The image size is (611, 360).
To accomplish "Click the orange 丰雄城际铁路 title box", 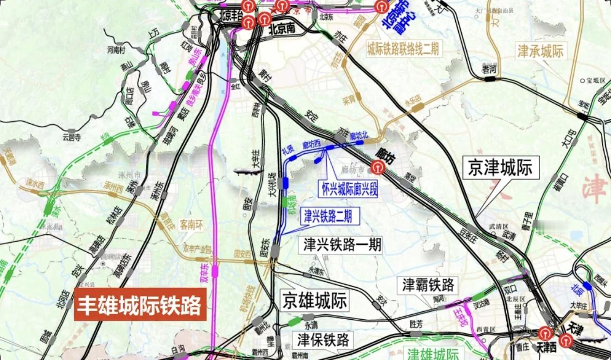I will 140,305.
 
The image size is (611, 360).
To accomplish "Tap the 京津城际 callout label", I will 501,167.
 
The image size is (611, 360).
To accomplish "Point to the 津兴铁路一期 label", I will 342,245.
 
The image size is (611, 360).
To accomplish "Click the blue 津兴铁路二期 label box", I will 332,216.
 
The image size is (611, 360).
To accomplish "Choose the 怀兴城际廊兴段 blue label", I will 348,188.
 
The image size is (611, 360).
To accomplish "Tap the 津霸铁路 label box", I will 428,285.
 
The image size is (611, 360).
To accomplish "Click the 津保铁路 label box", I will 324,340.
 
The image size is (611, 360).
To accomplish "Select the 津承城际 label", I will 541,51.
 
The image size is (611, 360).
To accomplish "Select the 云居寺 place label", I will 72,137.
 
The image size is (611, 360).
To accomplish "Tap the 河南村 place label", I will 116,49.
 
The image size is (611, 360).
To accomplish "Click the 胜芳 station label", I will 416,324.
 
